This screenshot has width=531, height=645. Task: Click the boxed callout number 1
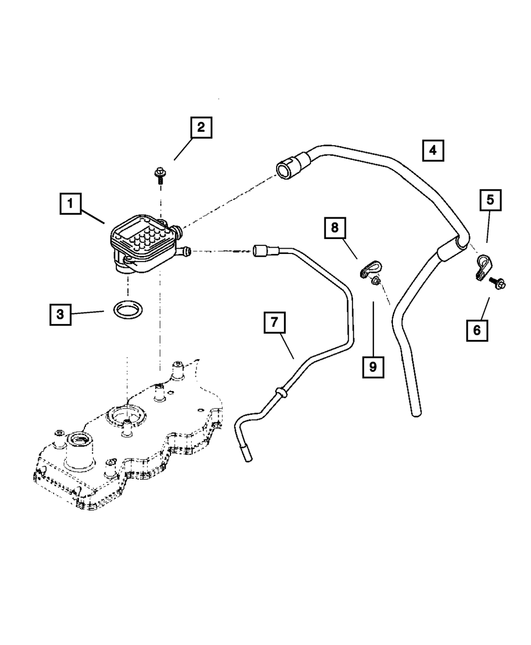point(71,203)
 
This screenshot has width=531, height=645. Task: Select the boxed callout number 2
point(201,128)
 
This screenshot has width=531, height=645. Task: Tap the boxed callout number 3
point(61,315)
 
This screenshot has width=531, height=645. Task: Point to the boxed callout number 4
point(433,150)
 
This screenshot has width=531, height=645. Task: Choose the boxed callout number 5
point(491,200)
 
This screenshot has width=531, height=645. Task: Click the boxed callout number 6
point(477,330)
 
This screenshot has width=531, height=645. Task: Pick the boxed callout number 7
point(275,322)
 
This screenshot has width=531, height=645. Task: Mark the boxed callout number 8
point(335,228)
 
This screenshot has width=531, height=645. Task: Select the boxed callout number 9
point(373,367)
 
